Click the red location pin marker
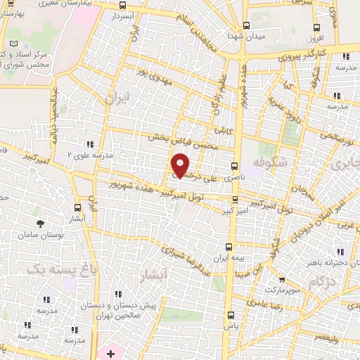181,166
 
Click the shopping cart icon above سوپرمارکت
282,279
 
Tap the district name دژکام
321,280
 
